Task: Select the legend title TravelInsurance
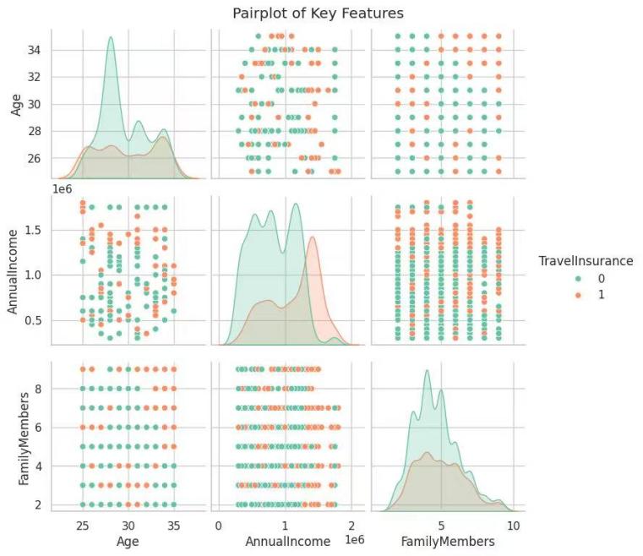click(x=586, y=261)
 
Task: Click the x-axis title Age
click(x=128, y=541)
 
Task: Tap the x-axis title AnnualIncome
click(x=284, y=541)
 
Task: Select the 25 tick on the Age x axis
click(x=82, y=524)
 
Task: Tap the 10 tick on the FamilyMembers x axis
click(x=512, y=524)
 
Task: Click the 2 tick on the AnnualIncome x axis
click(x=350, y=524)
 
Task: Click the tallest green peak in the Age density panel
click(x=111, y=37)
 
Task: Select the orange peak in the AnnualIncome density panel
click(x=313, y=237)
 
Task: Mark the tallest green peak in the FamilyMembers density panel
click(x=428, y=371)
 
